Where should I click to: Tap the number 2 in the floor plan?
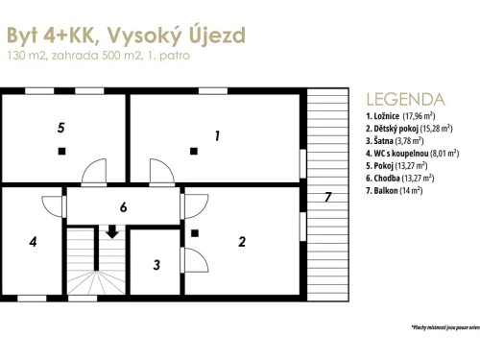tap(241, 241)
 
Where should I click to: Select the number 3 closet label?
tap(156, 264)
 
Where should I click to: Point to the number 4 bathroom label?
tap(33, 241)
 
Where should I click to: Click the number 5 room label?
tap(60, 127)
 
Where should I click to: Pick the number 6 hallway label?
tap(123, 207)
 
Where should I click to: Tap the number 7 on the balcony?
tap(327, 198)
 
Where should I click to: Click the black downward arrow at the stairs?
tap(112, 231)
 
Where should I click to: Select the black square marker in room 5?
tap(61, 151)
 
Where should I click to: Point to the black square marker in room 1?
tap(194, 150)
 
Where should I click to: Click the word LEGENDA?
tap(405, 99)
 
